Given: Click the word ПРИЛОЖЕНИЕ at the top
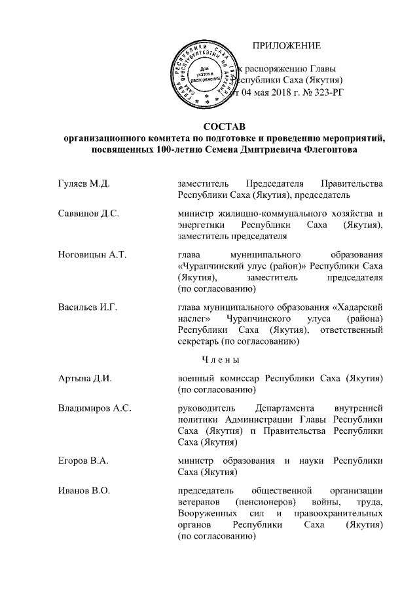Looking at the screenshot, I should point(287,46).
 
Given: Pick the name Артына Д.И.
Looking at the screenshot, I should point(81,379).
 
